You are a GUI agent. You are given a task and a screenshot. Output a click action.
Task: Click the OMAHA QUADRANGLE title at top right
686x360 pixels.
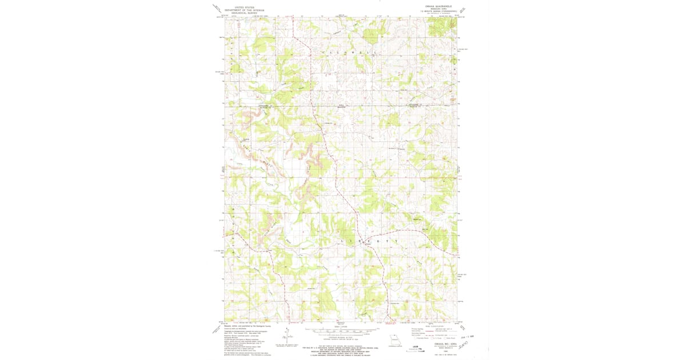[438, 6]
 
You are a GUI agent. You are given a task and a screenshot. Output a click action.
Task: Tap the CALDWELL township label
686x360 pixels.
[346, 53]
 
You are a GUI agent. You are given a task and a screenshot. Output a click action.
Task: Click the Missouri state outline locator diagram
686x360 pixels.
[393, 339]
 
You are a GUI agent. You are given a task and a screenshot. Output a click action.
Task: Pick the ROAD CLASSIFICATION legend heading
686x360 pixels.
[432, 325]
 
